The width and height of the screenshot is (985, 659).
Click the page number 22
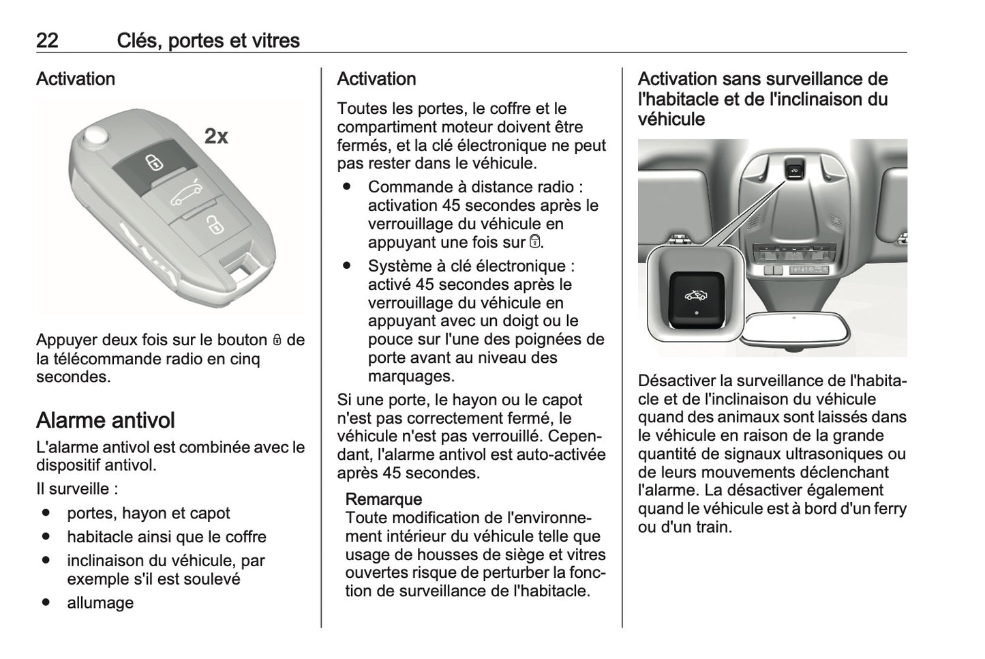pyautogui.click(x=47, y=41)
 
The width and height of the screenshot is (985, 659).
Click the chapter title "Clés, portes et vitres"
pyautogui.click(x=208, y=41)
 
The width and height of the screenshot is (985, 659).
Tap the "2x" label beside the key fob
pyautogui.click(x=216, y=136)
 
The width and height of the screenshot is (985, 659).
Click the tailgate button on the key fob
pyautogui.click(x=185, y=196)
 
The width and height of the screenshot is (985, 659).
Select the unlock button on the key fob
pyautogui.click(x=213, y=224)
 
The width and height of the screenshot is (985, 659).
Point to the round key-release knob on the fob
pyautogui.click(x=96, y=136)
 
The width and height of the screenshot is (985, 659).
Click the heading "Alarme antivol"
pyautogui.click(x=106, y=420)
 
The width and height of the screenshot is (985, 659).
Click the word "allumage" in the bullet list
pyautogui.click(x=100, y=603)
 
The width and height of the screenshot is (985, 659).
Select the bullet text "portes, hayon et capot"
pyautogui.click(x=148, y=514)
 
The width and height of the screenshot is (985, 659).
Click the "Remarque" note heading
pyautogui.click(x=384, y=499)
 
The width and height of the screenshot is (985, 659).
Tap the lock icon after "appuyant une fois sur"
pyautogui.click(x=535, y=241)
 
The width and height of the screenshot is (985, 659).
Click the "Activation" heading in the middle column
pyautogui.click(x=376, y=79)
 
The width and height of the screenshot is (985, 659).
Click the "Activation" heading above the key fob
pyautogui.click(x=76, y=79)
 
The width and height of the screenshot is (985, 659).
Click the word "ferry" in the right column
pyautogui.click(x=890, y=509)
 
